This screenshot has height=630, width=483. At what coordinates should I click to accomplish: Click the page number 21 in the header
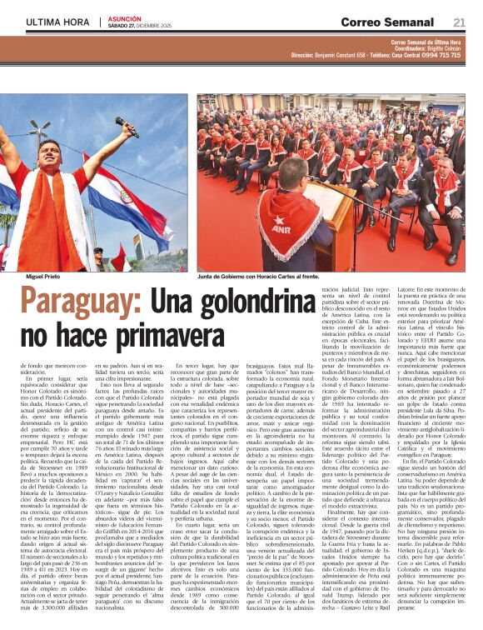click(x=460, y=22)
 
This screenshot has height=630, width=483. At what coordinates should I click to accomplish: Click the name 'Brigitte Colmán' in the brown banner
click(x=439, y=48)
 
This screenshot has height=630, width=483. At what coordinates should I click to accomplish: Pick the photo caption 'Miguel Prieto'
click(x=44, y=275)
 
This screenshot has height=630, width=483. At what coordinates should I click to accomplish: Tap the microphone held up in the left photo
click(x=126, y=127)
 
